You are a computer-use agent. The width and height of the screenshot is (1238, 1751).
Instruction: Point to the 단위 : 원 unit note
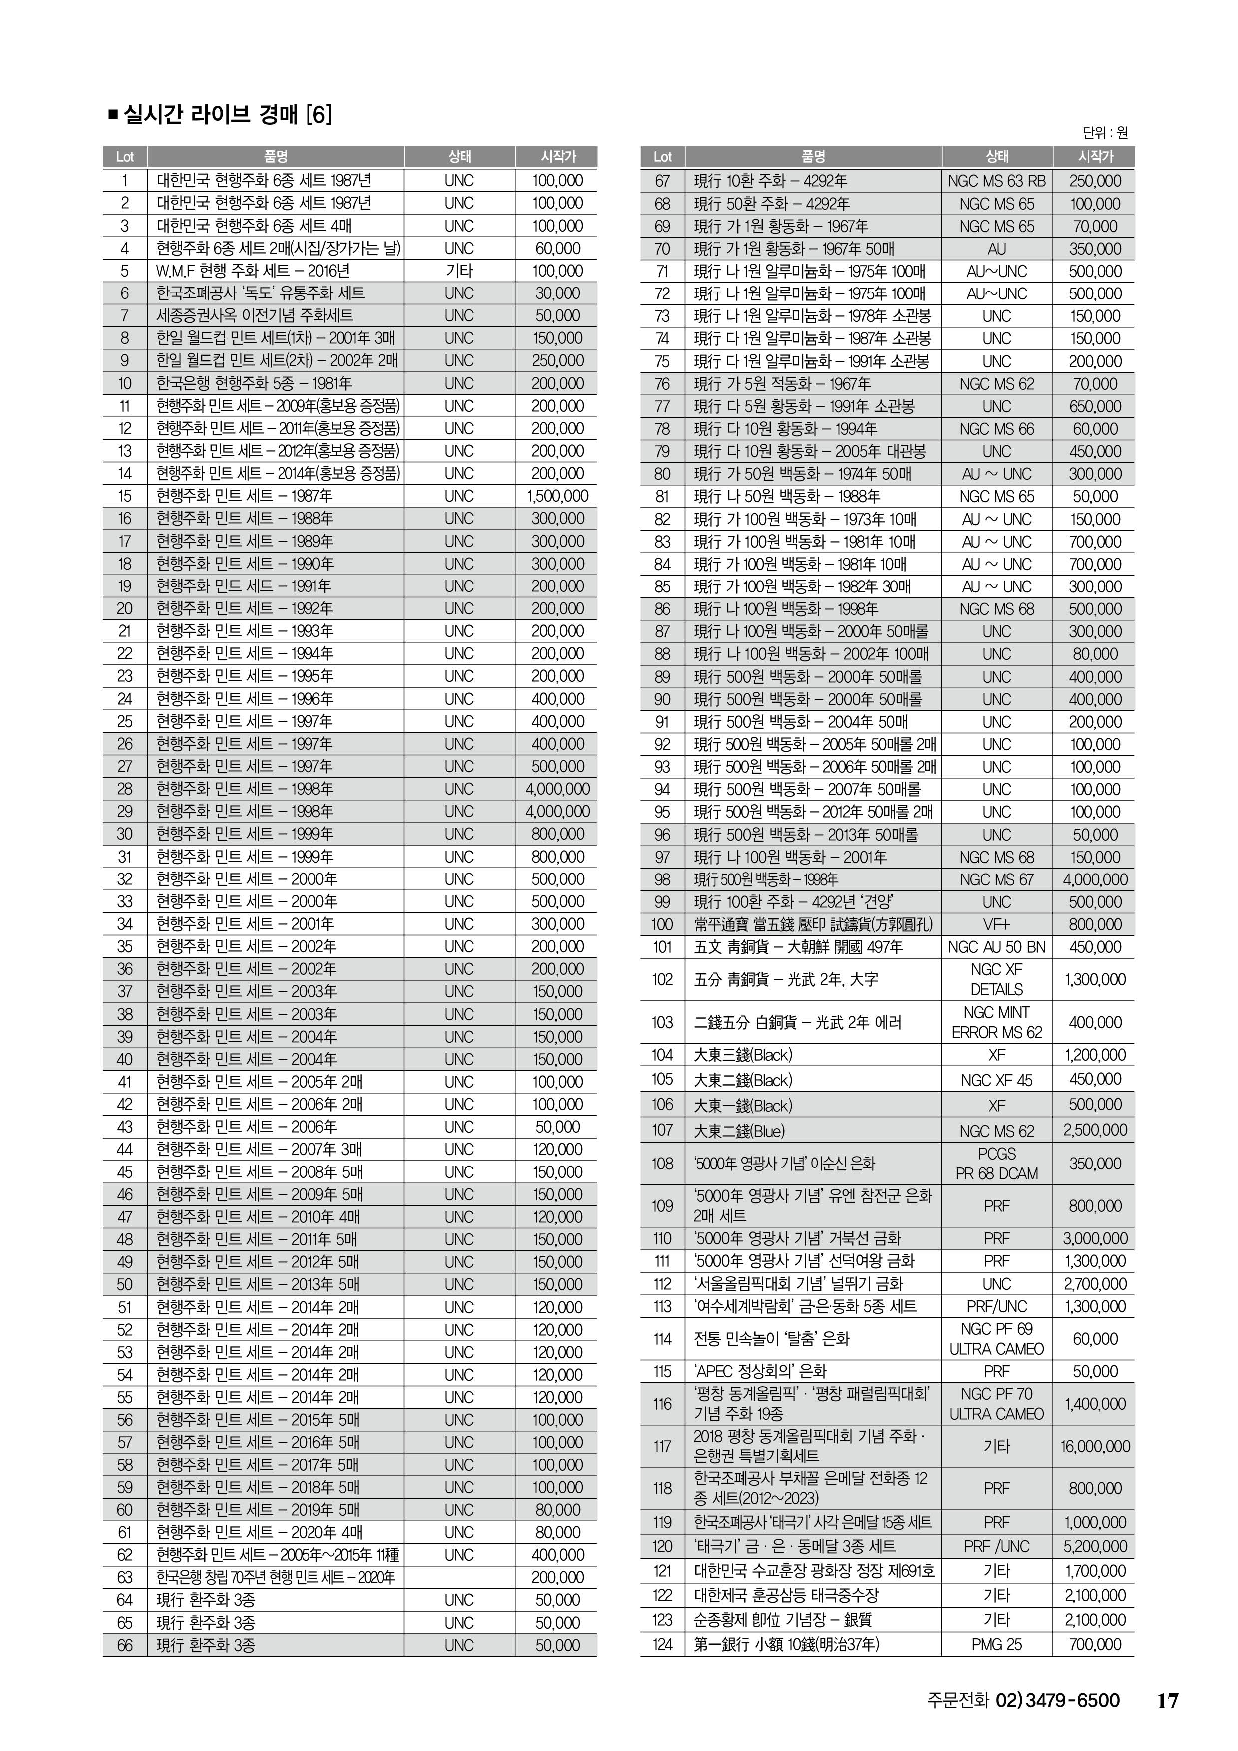[1105, 133]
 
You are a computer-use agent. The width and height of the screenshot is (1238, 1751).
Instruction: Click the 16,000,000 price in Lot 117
[1095, 1446]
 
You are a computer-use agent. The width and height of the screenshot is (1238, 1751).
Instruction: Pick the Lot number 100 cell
[662, 925]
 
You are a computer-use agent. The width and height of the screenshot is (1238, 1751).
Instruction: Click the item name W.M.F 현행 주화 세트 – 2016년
[253, 271]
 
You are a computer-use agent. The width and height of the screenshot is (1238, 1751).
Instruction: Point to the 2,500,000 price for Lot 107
[1095, 1130]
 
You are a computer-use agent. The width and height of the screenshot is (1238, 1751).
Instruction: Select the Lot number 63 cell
[125, 1578]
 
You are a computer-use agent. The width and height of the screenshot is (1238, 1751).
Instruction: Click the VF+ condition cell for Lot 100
[996, 925]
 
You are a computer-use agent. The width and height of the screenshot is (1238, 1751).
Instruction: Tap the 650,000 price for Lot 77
[1095, 406]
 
